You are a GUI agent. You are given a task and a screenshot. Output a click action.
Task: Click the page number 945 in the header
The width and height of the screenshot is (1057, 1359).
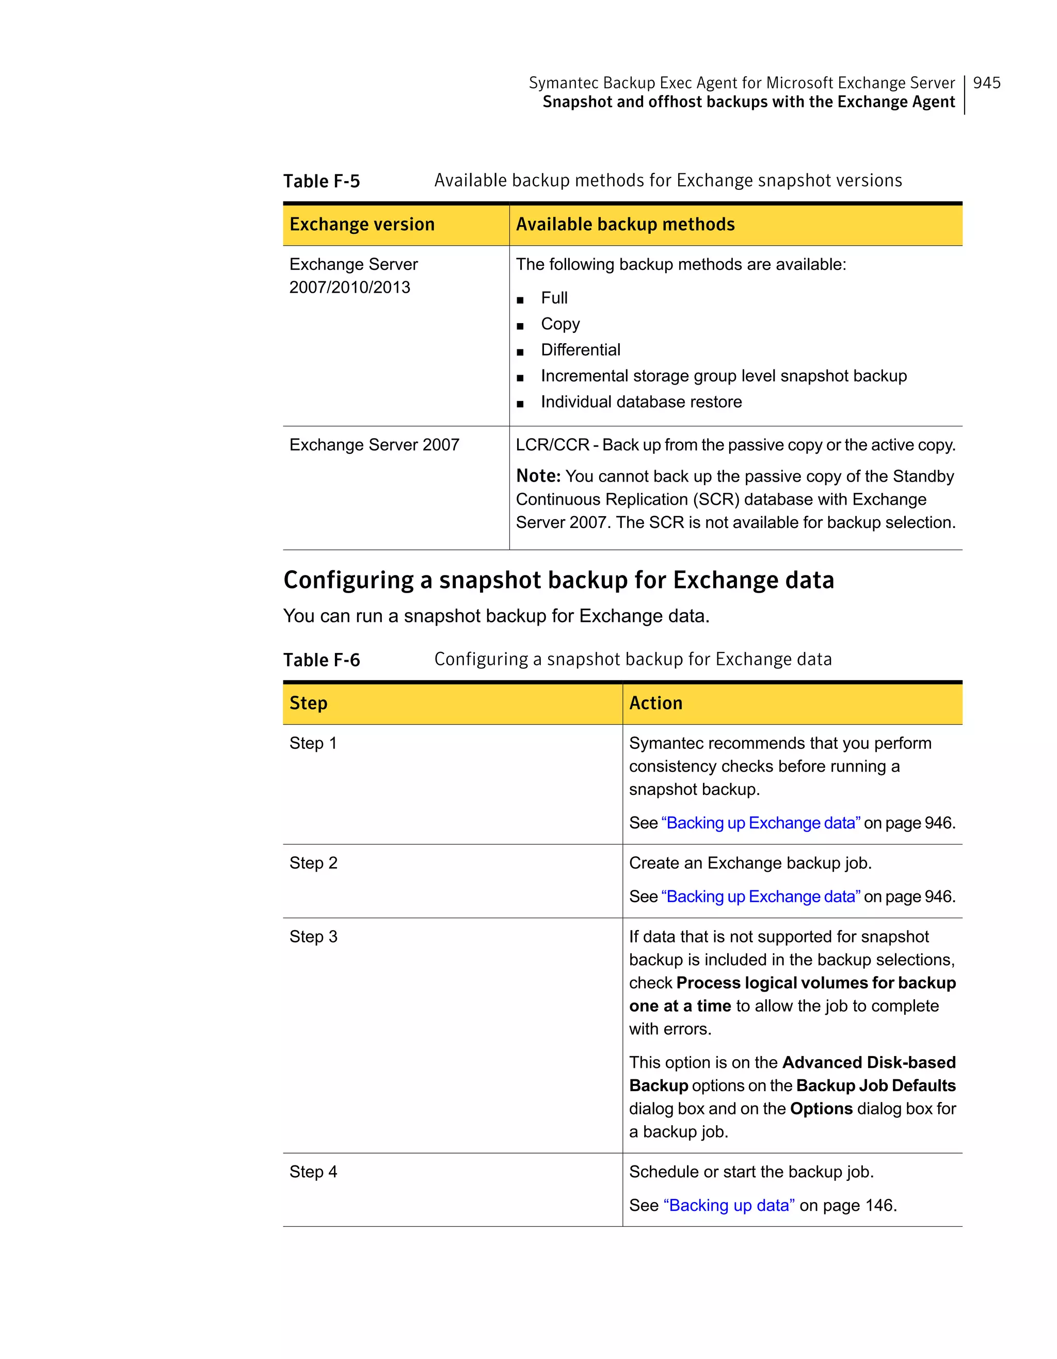(x=986, y=83)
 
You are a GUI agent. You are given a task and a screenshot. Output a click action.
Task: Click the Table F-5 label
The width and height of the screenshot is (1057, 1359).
(x=321, y=181)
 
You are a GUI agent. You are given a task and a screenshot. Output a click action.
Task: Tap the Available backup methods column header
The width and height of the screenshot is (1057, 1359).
(x=624, y=224)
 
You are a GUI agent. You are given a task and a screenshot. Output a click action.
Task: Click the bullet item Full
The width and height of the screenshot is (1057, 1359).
(x=554, y=298)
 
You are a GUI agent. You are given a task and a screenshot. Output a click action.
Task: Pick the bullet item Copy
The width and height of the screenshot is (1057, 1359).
(x=560, y=324)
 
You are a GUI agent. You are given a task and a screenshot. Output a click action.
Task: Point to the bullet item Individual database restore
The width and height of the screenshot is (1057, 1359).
(x=641, y=402)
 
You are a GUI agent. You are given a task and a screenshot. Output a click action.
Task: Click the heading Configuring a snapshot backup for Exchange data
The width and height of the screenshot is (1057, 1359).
(x=558, y=580)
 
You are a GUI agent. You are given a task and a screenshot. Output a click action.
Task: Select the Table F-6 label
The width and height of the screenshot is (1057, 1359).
(x=321, y=660)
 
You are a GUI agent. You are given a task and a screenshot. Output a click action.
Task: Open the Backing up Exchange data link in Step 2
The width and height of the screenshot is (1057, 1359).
(x=760, y=897)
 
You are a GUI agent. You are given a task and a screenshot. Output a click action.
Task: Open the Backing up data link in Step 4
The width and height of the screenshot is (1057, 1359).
(x=729, y=1205)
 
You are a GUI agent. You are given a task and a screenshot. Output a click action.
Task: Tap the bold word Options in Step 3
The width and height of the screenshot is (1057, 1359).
(x=821, y=1109)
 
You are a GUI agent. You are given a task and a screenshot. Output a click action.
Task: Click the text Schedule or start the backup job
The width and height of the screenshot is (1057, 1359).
(x=751, y=1172)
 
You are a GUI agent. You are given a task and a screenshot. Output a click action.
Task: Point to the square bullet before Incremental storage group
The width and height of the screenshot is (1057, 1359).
(x=520, y=378)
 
